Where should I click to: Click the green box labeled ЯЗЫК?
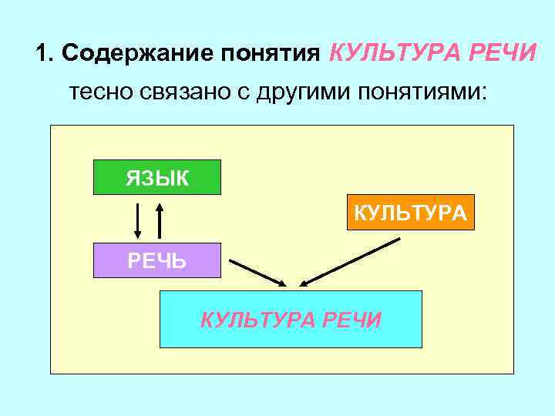pyautogui.click(x=156, y=177)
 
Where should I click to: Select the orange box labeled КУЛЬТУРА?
pyautogui.click(x=410, y=213)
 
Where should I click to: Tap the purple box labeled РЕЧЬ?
pyautogui.click(x=156, y=260)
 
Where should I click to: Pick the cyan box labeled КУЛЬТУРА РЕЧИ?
pyautogui.click(x=291, y=320)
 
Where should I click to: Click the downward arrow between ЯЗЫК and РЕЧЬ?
pyautogui.click(x=138, y=222)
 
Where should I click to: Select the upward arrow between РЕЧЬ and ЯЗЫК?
pyautogui.click(x=160, y=220)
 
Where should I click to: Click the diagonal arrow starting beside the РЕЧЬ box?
pyautogui.click(x=258, y=272)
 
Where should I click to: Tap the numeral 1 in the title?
pyautogui.click(x=42, y=54)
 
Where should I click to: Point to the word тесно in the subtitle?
pyautogui.click(x=95, y=94)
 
